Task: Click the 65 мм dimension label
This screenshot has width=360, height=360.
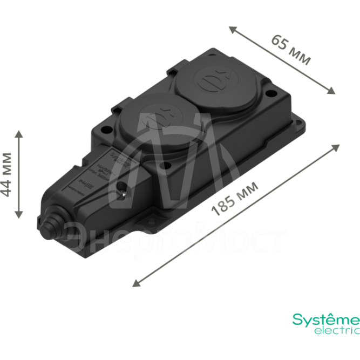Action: click(x=290, y=50)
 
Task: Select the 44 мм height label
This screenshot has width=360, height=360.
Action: click(x=7, y=174)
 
